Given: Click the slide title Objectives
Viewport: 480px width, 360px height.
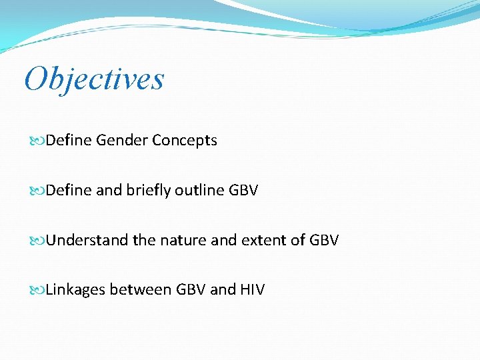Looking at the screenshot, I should click(94, 79).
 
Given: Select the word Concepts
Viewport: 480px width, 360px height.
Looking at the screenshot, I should click(185, 141).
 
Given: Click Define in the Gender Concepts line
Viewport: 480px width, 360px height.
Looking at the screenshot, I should click(69, 141).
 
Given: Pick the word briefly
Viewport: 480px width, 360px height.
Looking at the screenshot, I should click(145, 191).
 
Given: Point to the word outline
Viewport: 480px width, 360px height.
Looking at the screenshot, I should click(199, 191).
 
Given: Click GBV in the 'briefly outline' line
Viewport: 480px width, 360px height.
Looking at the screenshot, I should click(243, 191).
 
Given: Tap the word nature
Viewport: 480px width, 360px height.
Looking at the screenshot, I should click(183, 240).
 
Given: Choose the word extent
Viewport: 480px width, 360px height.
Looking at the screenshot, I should click(264, 240).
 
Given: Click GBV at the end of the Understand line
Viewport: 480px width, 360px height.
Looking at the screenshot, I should click(325, 240).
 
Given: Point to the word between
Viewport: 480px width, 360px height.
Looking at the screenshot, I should click(140, 290).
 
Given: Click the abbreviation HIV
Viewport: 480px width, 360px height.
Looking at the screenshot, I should click(252, 290).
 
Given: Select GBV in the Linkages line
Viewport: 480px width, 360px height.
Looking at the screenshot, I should click(191, 290).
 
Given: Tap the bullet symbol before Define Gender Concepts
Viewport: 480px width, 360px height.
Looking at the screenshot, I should click(38, 141).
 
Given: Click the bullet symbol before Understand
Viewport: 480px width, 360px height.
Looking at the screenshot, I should click(38, 241).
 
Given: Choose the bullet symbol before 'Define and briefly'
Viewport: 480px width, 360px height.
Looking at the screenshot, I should click(38, 191).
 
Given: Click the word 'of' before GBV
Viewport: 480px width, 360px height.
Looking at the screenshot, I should click(299, 240).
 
